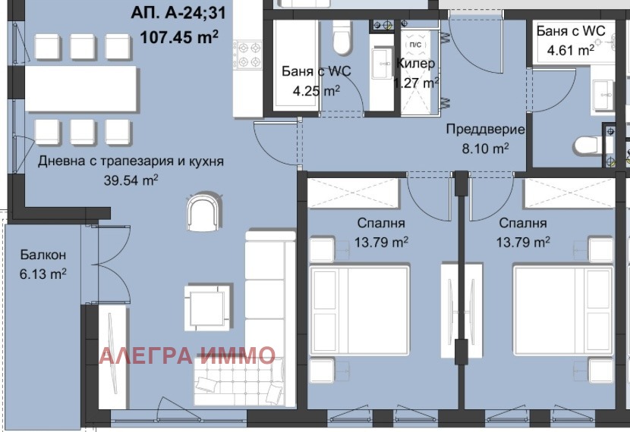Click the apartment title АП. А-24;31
coord(178,13)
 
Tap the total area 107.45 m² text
coord(179,37)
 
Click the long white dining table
coord(80,89)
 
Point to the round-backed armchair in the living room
coord(203,213)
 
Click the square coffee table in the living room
coord(207,308)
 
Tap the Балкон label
coord(43,255)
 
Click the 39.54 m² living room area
coord(131,180)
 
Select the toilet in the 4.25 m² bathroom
coord(342,37)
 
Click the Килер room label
coord(415,64)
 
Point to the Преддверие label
coord(485,129)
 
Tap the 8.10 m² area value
coord(485,149)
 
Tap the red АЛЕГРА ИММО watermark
coord(187,355)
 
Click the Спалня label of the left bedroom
coord(381,223)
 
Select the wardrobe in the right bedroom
coord(569,193)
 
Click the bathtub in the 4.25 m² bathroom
coord(296,65)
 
